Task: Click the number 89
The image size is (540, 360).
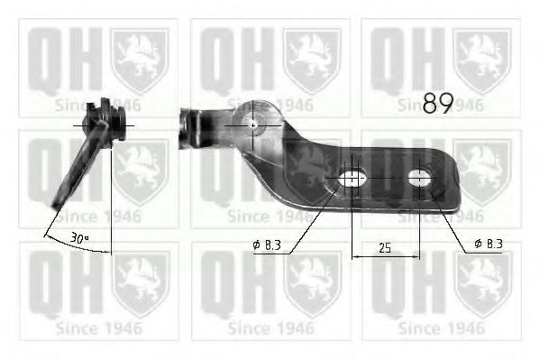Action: [x=437, y=104]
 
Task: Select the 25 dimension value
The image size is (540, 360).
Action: [x=385, y=246]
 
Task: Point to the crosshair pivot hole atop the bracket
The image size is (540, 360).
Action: [x=253, y=125]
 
